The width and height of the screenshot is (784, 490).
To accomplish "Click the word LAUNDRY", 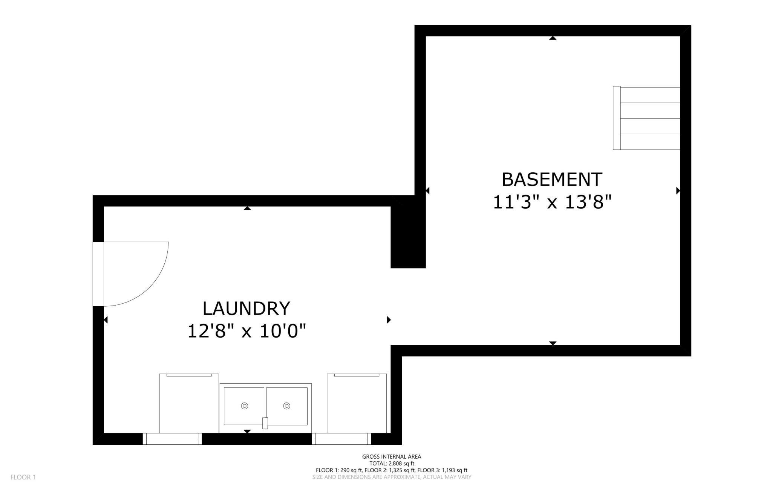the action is [x=246, y=309].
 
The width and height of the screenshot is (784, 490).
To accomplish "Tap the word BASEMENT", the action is [x=552, y=180].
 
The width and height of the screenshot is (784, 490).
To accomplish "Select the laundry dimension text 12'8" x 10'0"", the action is [x=247, y=331].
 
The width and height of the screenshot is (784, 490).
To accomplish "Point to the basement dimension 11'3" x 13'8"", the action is [x=552, y=202].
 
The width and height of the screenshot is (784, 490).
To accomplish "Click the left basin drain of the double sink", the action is [x=245, y=406].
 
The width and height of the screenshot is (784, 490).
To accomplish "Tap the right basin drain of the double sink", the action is [x=286, y=406].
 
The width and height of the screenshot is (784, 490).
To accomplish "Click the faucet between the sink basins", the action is [x=265, y=423].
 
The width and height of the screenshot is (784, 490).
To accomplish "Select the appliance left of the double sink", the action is [x=189, y=403].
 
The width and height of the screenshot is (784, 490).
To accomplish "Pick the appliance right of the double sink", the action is [x=357, y=403].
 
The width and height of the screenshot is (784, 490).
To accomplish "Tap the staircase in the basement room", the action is [x=646, y=118].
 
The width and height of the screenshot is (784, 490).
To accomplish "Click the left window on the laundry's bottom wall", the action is [x=172, y=439].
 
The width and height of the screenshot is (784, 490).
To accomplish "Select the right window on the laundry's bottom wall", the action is [x=341, y=439].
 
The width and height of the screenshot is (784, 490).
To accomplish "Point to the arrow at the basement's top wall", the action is [x=553, y=38].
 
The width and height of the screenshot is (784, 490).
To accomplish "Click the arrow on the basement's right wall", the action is [x=678, y=190].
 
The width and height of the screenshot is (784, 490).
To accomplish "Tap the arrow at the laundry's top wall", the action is [x=247, y=208].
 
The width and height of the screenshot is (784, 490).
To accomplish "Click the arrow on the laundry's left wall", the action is [x=106, y=320].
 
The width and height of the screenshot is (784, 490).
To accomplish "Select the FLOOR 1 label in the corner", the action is [x=23, y=477].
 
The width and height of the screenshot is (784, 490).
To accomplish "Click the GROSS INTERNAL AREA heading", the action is [x=392, y=456].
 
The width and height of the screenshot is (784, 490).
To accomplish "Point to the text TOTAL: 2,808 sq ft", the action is [x=392, y=463].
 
